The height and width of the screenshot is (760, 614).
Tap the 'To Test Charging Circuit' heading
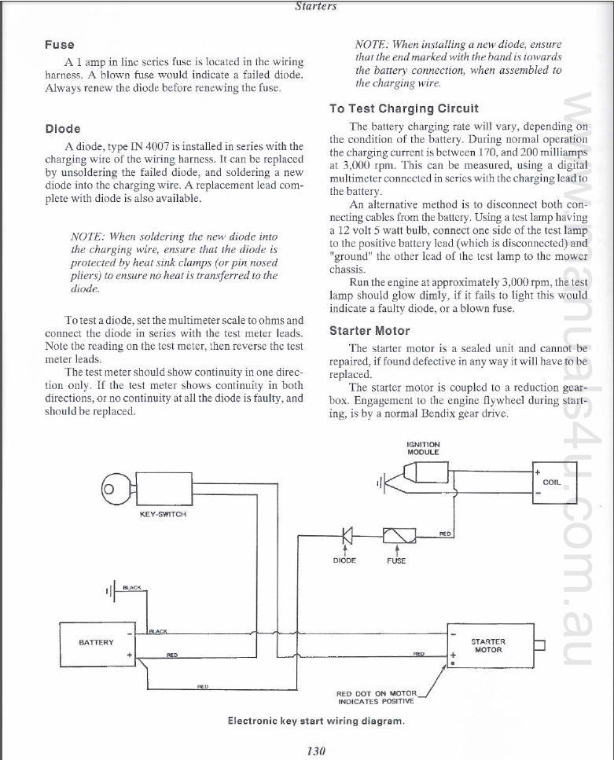[404, 108]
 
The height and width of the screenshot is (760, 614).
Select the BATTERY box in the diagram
[98, 644]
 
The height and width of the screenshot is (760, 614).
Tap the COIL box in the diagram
[554, 482]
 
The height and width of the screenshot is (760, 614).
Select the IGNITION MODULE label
[423, 448]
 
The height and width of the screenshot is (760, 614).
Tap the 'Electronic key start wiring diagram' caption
[316, 719]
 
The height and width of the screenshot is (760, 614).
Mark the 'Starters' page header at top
[316, 6]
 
